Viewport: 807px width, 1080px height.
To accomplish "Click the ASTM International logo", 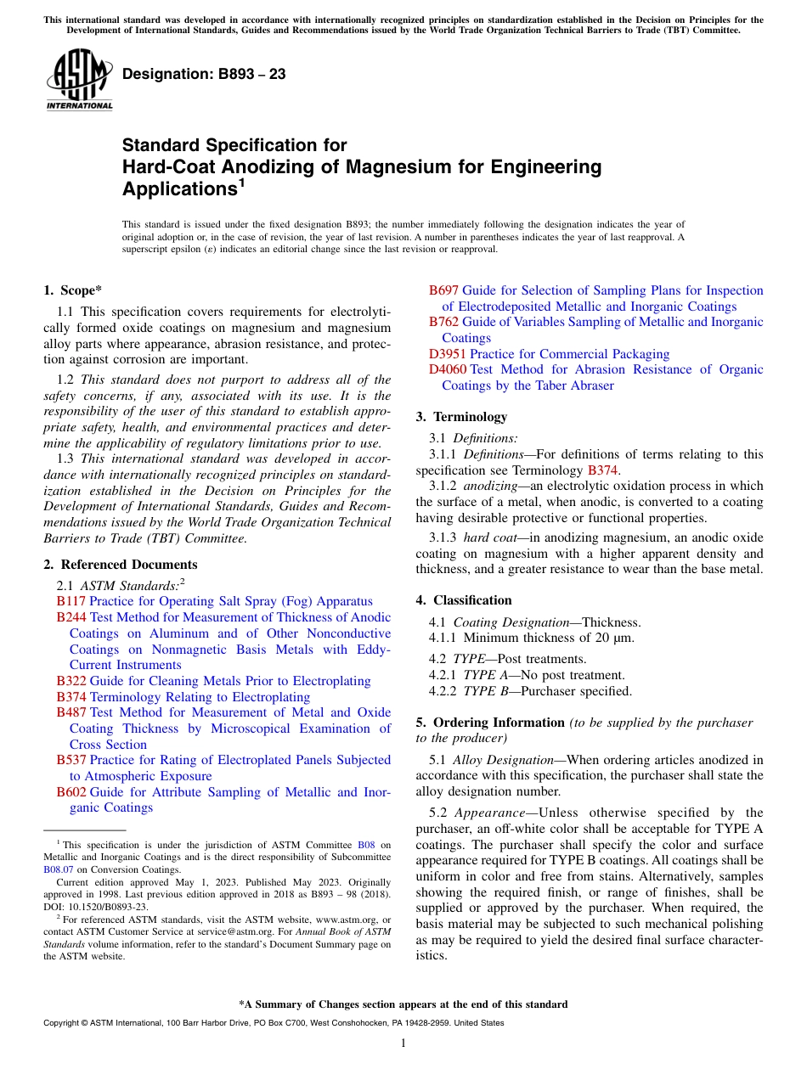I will coord(78,80).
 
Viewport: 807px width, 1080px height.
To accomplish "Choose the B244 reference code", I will coord(71,617).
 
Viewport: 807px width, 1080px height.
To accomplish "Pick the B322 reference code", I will coord(71,681).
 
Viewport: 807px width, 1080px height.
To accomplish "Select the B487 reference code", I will coord(71,712).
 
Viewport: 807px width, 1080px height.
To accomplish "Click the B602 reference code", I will coord(71,792).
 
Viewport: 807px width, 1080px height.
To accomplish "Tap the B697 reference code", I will coord(443,290).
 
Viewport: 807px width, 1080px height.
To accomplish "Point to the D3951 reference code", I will coord(447,354).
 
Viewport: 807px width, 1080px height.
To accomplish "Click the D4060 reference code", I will coord(447,369).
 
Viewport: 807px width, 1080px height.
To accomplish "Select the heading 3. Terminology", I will coord(461,417).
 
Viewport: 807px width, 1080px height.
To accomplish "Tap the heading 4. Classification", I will coord(464,600).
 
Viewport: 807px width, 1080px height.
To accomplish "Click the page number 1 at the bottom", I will coord(403,1043).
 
